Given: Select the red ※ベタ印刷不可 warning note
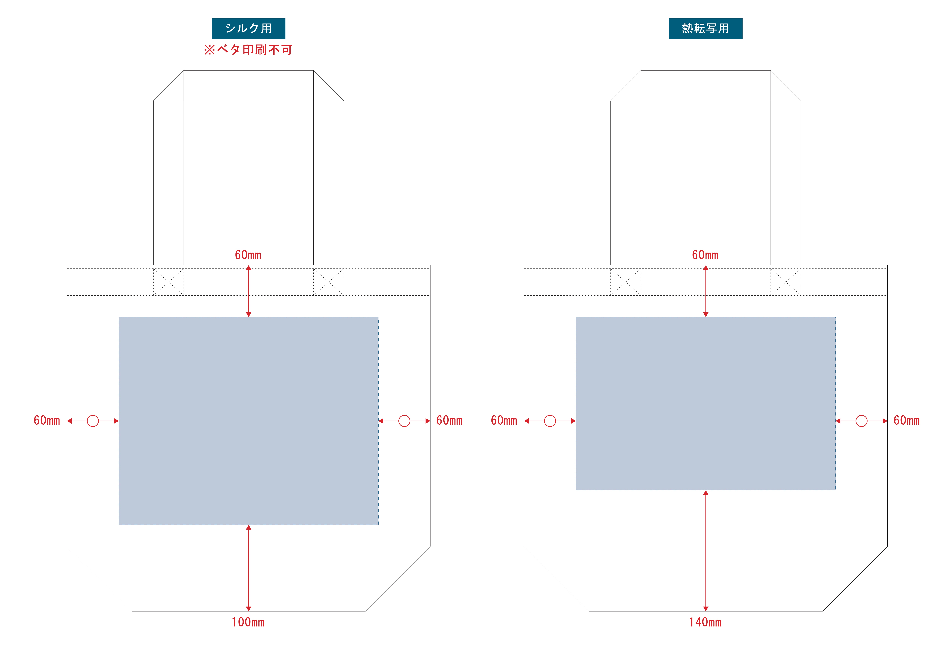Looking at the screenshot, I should pos(248,50).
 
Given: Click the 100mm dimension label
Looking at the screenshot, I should pos(248,622).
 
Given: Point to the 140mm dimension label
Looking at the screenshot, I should pos(705,622).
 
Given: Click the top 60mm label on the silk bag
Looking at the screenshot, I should pos(248,255).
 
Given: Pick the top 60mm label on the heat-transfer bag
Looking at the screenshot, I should pos(705,255).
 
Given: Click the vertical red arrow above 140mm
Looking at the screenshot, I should pos(706,551).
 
